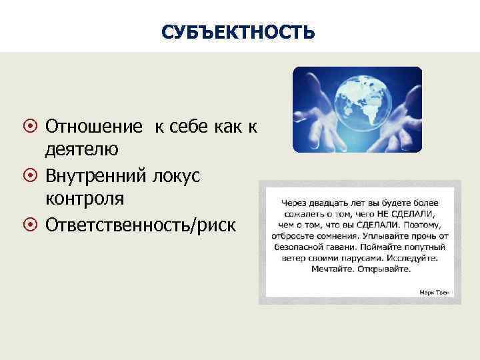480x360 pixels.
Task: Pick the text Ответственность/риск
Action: [140, 225]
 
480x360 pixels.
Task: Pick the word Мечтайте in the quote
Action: [334, 270]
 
